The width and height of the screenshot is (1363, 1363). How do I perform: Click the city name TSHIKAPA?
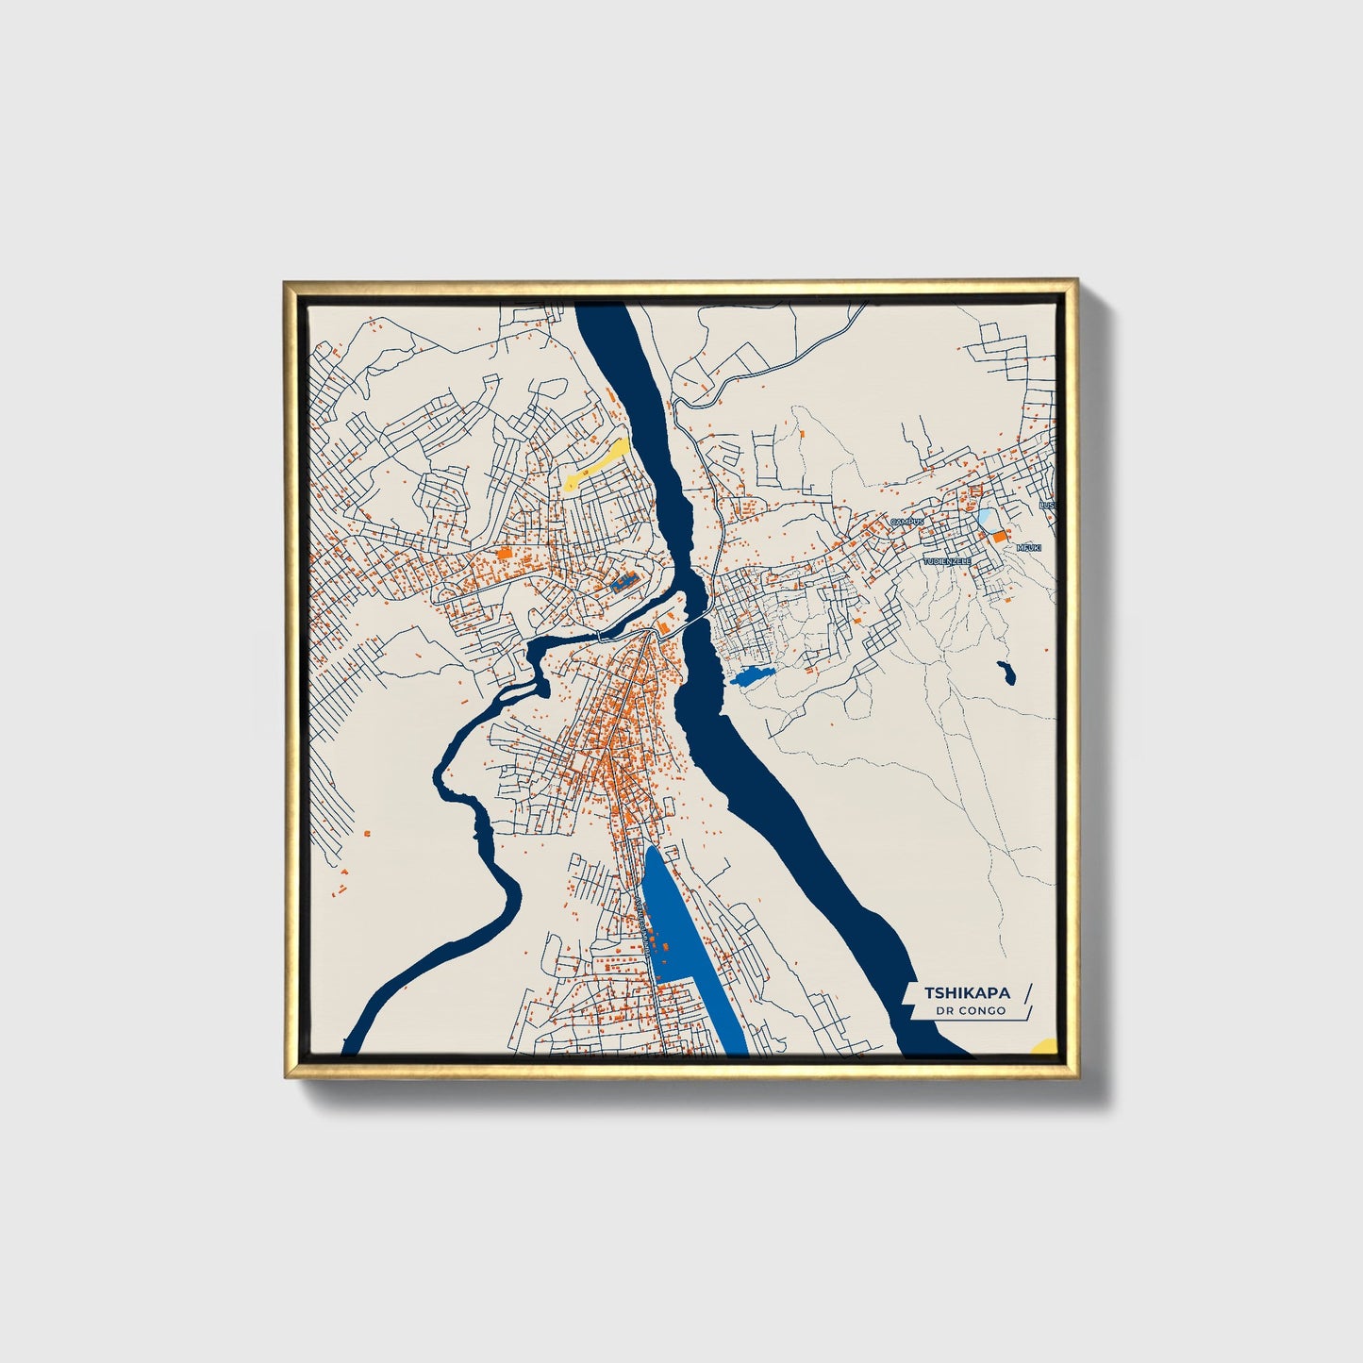(x=967, y=992)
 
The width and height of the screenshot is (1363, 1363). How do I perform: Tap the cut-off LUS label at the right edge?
(x=1046, y=506)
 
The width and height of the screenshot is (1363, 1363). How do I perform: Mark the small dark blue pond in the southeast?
(x=1006, y=673)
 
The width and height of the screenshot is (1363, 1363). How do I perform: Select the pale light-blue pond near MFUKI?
(x=985, y=517)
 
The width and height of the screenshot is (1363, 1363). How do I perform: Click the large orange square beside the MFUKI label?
(x=998, y=536)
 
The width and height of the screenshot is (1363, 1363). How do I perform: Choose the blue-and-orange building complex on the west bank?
(x=623, y=581)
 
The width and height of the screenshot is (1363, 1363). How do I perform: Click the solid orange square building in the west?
(x=504, y=554)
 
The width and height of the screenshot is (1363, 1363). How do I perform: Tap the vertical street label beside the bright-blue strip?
(x=643, y=929)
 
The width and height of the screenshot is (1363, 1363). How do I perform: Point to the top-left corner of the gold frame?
(x=285, y=281)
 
